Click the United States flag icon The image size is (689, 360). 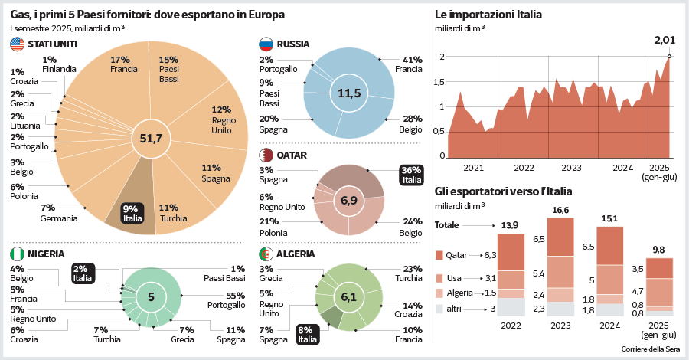[17, 44]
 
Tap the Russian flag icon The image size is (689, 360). [266, 44]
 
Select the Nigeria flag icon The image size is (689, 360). [17, 254]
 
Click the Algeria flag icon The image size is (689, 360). [266, 254]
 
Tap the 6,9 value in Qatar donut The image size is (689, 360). [349, 201]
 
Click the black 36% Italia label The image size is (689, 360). [411, 175]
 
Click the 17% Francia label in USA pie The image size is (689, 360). [123, 63]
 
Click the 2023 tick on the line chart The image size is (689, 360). [571, 167]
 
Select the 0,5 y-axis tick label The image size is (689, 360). [439, 131]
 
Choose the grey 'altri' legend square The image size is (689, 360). [439, 309]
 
